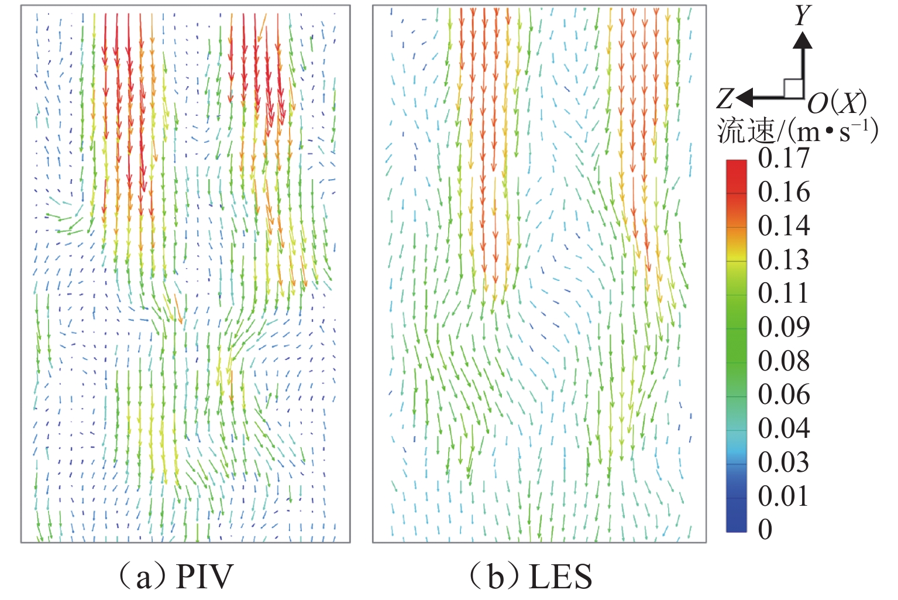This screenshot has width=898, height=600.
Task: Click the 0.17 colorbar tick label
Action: coord(783,159)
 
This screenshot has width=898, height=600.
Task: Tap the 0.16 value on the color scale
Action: coord(783,192)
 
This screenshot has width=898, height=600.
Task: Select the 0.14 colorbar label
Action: coord(783,226)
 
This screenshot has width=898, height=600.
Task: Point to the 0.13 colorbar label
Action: coord(783,260)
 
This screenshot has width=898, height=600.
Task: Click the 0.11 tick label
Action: coord(783,293)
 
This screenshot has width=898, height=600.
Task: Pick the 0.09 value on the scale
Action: coord(783,327)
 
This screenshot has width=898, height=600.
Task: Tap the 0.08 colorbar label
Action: coord(783,361)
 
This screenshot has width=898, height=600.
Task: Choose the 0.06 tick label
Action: coord(783,395)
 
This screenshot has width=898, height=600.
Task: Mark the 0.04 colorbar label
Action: coord(783,428)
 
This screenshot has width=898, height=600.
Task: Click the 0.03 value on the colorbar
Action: coord(783,462)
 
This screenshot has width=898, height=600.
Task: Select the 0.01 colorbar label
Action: coord(783,496)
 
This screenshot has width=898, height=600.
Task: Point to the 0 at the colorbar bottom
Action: coord(765,530)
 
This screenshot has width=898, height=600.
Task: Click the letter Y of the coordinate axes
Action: coord(803,15)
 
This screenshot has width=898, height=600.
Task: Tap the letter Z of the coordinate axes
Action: coord(725,99)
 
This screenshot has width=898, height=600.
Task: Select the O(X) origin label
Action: coord(837,104)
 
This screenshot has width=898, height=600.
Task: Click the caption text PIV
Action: coord(204,577)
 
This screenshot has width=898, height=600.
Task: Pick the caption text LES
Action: coord(560,577)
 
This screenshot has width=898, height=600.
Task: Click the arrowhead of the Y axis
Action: coord(803,40)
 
